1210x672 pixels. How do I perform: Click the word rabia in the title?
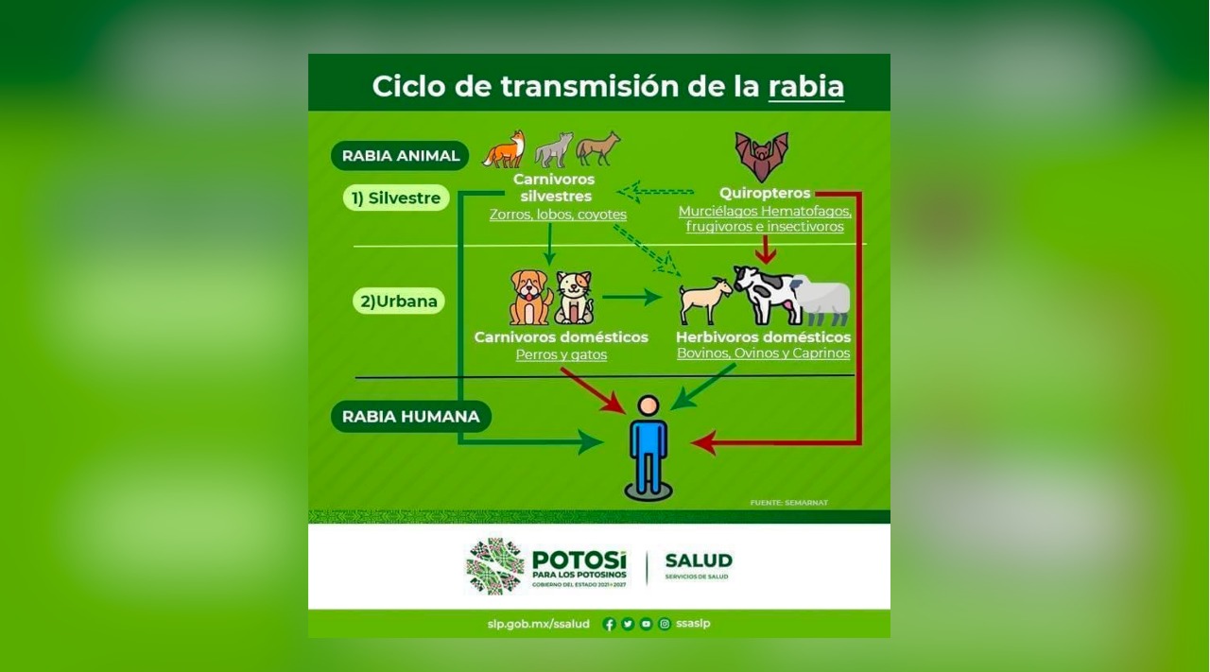(806, 86)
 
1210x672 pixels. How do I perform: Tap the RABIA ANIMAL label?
(400, 156)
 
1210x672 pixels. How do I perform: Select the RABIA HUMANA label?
(410, 417)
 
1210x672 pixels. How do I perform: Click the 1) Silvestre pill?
(396, 198)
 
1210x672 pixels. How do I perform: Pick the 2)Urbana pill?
(399, 301)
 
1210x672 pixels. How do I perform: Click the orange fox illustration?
(504, 149)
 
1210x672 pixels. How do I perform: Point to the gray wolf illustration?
(554, 149)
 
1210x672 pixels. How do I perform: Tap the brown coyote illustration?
(598, 148)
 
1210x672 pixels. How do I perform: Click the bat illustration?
(761, 156)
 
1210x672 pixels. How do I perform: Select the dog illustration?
(530, 297)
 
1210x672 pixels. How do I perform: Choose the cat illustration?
(575, 298)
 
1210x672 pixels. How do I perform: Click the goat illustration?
(704, 301)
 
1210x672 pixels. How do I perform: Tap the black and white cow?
(767, 295)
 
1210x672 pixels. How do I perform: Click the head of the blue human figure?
(648, 405)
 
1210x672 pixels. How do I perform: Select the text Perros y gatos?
(562, 355)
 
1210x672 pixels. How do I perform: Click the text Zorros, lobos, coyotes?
(558, 215)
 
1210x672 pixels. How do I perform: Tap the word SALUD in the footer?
(699, 560)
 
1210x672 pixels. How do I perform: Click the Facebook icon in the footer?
(610, 624)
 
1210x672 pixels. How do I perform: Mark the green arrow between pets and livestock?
(632, 297)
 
